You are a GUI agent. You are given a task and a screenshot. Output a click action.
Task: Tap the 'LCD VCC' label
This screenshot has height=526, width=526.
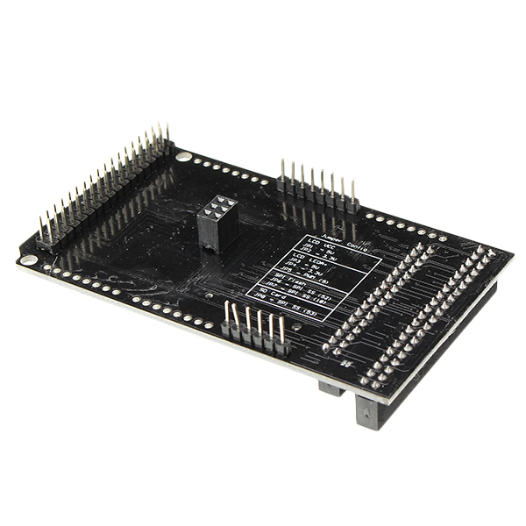coord(314,245)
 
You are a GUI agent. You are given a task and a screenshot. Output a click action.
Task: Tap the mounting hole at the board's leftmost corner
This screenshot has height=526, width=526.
coord(29,259)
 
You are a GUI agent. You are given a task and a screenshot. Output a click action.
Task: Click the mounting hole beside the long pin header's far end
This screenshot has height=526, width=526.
coord(182,157)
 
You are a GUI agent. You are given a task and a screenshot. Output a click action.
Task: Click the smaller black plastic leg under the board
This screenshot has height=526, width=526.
coord(331,387)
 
